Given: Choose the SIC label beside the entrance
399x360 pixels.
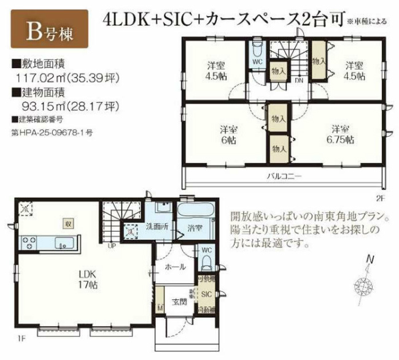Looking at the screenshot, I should (206, 294).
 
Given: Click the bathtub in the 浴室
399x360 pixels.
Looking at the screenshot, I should (196, 212).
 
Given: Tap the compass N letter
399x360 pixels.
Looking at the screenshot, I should (369, 259).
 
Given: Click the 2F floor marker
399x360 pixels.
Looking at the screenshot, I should (380, 197).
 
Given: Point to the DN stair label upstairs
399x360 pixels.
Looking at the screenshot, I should (298, 80).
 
